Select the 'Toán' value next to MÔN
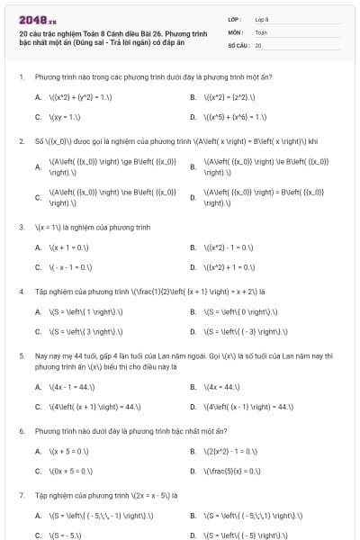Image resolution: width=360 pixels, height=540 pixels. pos(261,31)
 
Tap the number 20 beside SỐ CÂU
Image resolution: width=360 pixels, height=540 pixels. pos(258,44)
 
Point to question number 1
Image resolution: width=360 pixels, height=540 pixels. pos(21,77)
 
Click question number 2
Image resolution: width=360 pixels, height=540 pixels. pos(21,141)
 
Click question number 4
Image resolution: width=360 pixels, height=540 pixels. pos(21,292)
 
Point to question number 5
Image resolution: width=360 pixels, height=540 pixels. pos(21,355)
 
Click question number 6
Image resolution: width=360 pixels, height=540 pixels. pos(21,431)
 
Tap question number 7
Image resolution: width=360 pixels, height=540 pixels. pos(21,495)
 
